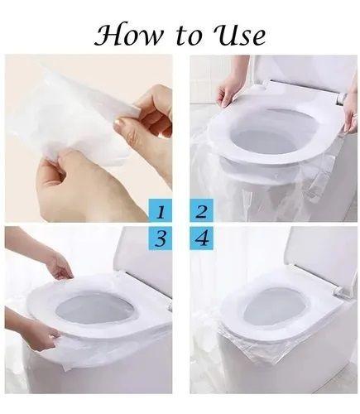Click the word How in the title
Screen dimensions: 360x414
128,36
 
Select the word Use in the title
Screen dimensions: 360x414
239,36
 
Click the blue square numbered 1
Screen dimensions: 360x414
161,210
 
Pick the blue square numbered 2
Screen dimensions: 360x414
202,210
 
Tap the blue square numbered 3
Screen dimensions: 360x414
161,238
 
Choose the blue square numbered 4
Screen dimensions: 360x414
202,238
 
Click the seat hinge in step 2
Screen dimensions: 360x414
342,99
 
